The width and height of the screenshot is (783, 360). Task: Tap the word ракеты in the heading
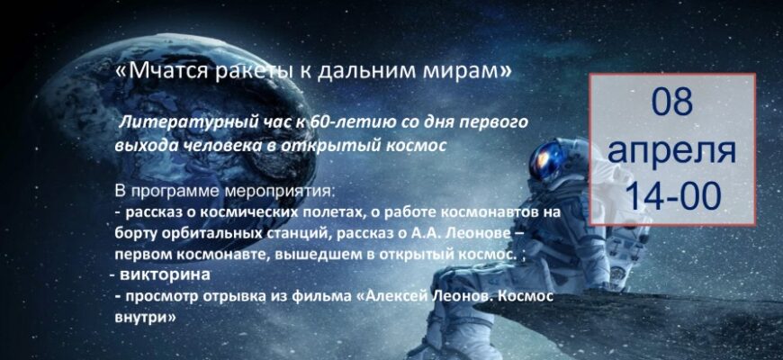[x=248, y=71]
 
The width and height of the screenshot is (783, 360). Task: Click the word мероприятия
[x=281, y=193]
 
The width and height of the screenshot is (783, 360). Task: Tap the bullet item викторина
[x=165, y=275]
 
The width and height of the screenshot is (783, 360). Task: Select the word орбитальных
[x=204, y=234]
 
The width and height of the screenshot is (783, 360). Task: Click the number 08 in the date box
[x=672, y=103]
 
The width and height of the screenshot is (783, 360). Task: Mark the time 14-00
[x=672, y=194]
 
